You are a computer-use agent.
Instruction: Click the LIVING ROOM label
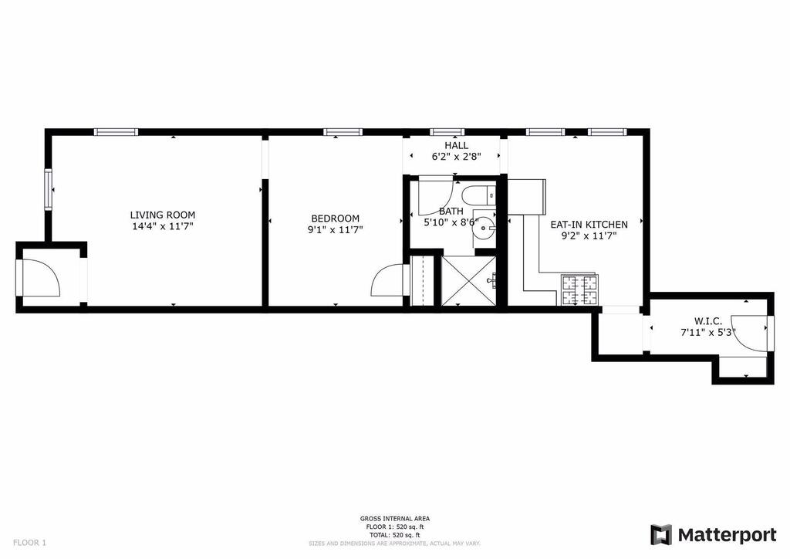click(x=162, y=215)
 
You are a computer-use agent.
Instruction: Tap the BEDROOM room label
click(x=335, y=219)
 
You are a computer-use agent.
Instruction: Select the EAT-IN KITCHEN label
click(x=589, y=225)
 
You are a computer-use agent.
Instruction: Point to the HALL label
click(x=456, y=146)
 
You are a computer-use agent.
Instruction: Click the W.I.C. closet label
click(x=708, y=321)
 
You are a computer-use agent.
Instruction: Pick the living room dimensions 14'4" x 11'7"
click(x=162, y=227)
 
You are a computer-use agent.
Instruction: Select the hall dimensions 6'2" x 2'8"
click(x=456, y=157)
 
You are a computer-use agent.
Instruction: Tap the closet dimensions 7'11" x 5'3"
click(x=708, y=333)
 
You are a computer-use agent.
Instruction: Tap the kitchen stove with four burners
click(x=579, y=290)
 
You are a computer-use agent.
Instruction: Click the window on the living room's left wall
click(x=49, y=189)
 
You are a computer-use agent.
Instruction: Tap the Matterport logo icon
click(x=661, y=535)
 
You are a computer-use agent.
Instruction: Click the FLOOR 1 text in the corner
click(x=29, y=543)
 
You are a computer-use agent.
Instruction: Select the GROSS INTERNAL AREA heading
click(x=394, y=519)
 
